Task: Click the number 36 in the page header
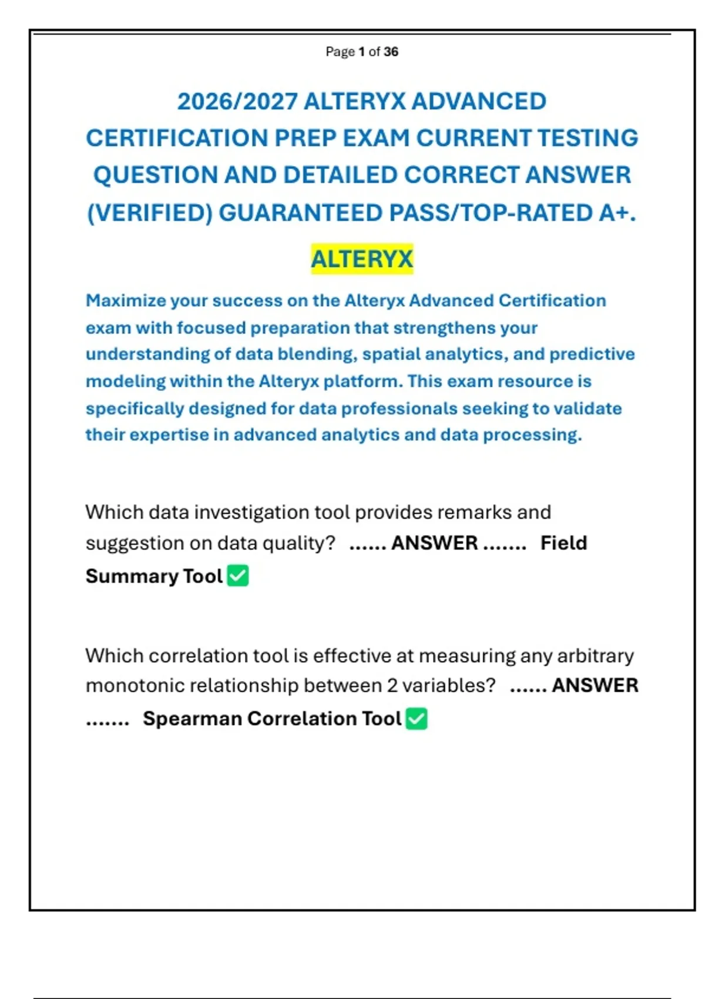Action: tap(391, 52)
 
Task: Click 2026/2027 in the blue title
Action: tap(237, 102)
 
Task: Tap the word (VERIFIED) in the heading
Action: tap(149, 213)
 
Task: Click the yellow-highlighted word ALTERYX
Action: tap(362, 259)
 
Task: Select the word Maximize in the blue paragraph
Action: tap(125, 301)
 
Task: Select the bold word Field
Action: tap(563, 543)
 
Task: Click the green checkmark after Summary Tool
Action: tap(238, 576)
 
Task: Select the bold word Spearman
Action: tap(192, 719)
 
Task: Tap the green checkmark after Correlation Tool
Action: tap(417, 719)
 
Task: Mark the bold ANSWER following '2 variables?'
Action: tap(595, 686)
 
